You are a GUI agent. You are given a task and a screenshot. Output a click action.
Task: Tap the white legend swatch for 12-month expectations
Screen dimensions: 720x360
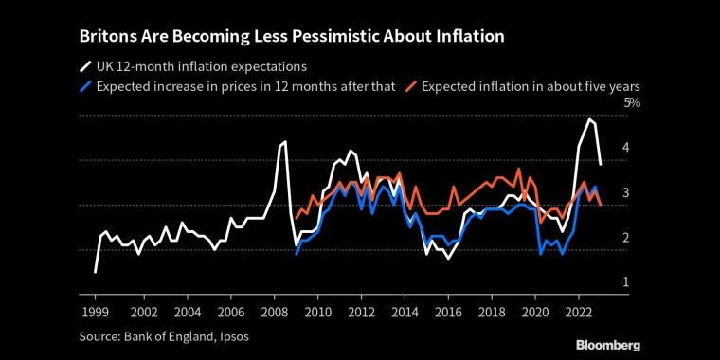[85, 67]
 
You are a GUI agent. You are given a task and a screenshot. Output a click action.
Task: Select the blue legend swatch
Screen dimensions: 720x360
[85, 87]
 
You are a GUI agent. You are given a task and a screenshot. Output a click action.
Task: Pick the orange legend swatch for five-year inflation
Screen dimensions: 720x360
[411, 87]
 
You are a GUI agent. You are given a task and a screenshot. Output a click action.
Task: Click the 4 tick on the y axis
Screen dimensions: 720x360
[625, 148]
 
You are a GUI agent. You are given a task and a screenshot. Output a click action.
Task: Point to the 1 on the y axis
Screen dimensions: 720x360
[625, 282]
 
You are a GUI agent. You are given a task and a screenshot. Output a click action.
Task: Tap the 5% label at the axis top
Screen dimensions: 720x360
[631, 103]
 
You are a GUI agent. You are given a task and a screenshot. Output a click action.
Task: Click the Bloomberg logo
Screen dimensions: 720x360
[608, 346]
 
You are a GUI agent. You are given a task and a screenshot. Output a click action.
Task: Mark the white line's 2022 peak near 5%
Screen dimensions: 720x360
[588, 119]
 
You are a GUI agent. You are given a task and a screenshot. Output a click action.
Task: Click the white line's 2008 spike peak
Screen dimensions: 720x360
[285, 141]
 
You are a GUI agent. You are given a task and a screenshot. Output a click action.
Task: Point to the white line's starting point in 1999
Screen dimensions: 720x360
[95, 272]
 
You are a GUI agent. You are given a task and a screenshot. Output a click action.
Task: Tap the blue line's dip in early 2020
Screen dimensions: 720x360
[541, 254]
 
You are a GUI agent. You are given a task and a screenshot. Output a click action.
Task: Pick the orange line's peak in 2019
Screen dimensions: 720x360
[519, 169]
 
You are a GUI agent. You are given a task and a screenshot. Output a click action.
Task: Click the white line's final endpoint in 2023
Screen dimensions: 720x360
[601, 164]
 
